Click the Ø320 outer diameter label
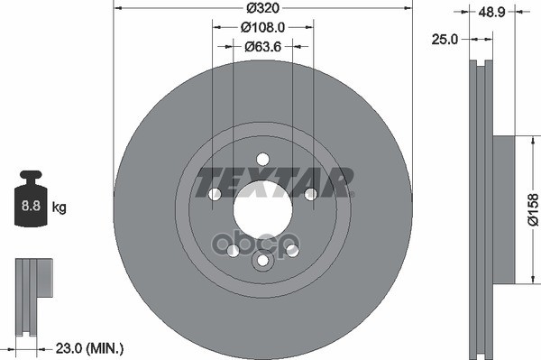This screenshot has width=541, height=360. pyautogui.click(x=263, y=9)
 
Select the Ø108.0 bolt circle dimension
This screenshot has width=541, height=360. pyautogui.click(x=262, y=27)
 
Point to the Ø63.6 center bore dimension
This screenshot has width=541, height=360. pyautogui.click(x=262, y=46)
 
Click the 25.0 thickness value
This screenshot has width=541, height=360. pyautogui.click(x=445, y=40)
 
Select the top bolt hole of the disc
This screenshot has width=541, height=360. pyautogui.click(x=262, y=160)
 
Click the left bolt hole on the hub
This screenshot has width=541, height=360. pyautogui.click(x=215, y=195)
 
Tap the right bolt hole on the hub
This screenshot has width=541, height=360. pyautogui.click(x=310, y=195)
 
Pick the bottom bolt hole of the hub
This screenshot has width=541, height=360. pyautogui.click(x=262, y=261)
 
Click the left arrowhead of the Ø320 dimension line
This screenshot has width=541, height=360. pyautogui.click(x=117, y=9)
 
